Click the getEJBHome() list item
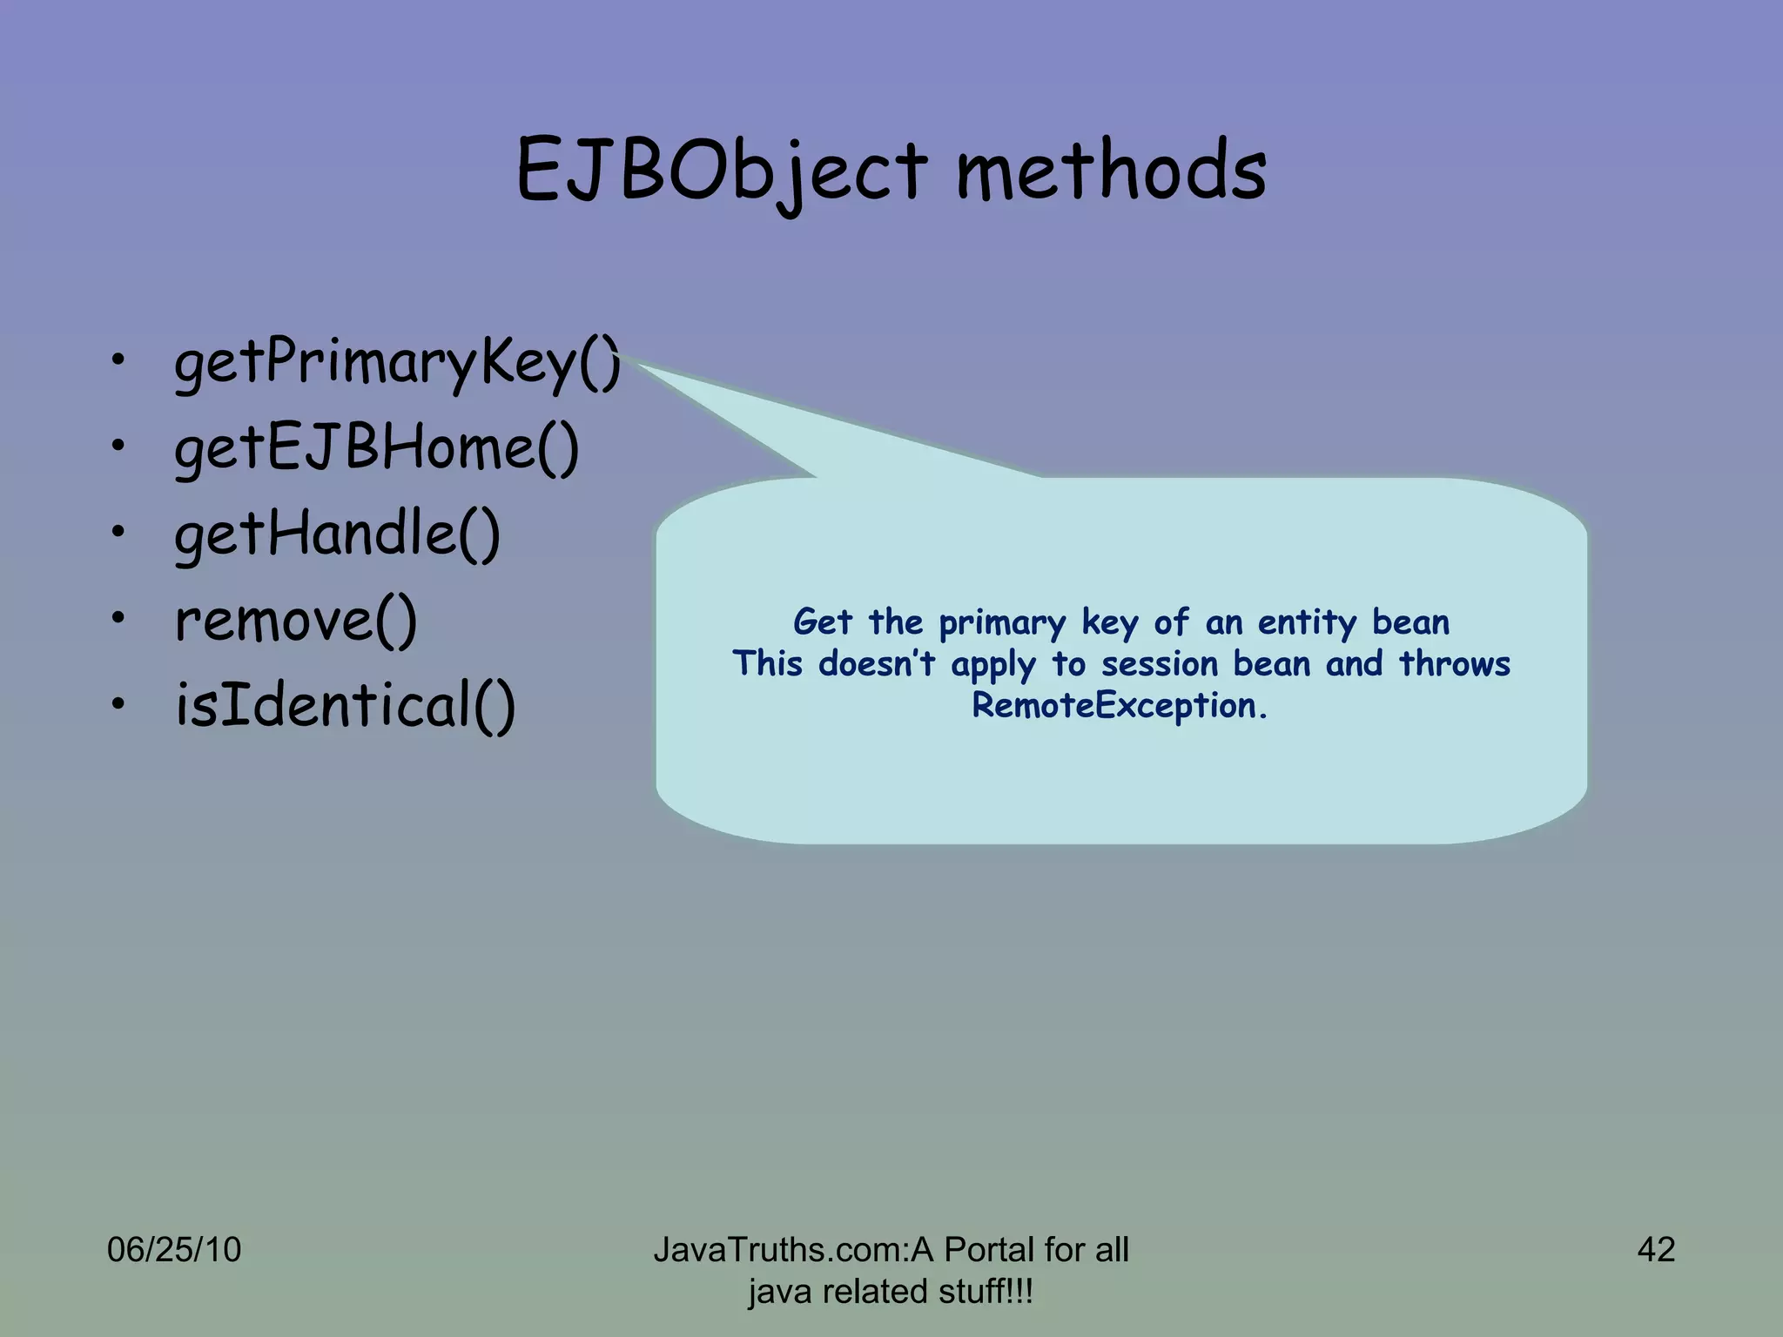pyautogui.click(x=376, y=448)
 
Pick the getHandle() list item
pyautogui.click(x=337, y=534)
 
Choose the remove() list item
pyautogui.click(x=296, y=620)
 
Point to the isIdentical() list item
pyautogui.click(x=345, y=705)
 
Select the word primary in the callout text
pyautogui.click(x=1002, y=623)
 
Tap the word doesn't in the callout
pyautogui.click(x=877, y=664)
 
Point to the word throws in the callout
pyautogui.click(x=1454, y=664)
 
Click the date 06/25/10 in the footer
pyautogui.click(x=173, y=1250)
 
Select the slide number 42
pyautogui.click(x=1656, y=1250)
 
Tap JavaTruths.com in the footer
pyautogui.click(x=778, y=1250)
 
